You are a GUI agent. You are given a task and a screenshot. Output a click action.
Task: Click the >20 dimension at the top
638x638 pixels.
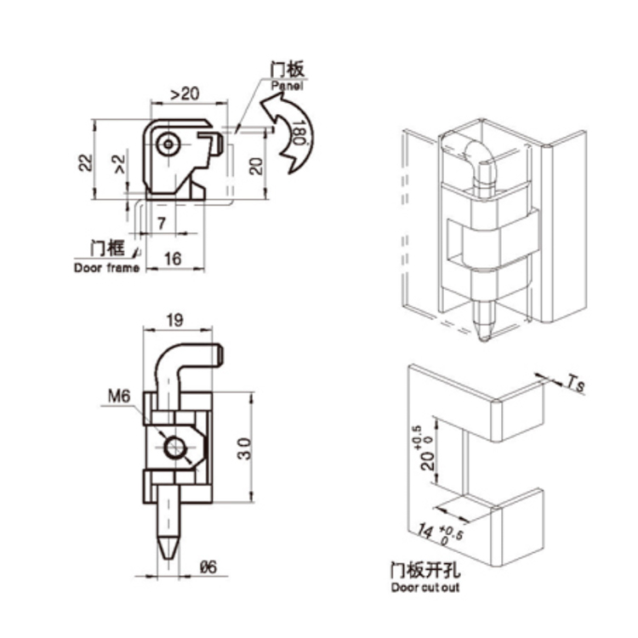click(x=185, y=92)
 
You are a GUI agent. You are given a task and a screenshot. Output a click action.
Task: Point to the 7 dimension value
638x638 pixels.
click(x=162, y=223)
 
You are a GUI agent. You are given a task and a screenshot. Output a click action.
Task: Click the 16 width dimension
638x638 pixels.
click(x=172, y=259)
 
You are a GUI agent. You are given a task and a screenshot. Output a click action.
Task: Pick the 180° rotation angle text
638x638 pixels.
click(x=298, y=135)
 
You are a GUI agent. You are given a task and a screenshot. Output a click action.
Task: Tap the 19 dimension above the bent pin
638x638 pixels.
click(x=174, y=321)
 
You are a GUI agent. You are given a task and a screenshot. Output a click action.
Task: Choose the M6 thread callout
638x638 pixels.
click(x=118, y=395)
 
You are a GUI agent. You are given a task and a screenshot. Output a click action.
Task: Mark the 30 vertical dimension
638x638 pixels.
click(x=243, y=447)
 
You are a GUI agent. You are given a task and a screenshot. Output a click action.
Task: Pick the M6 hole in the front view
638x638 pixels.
click(x=176, y=447)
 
